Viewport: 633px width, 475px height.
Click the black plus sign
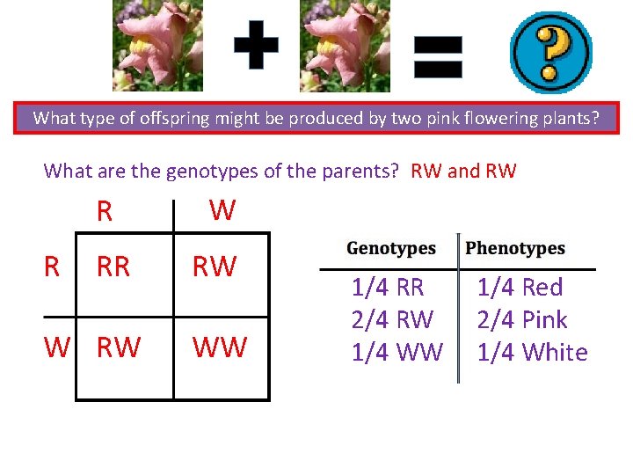point(256,45)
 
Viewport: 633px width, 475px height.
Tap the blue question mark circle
point(551,52)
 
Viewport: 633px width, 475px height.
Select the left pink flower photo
point(157,45)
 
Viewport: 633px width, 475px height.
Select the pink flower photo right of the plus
point(346,46)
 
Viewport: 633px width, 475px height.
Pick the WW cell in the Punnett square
point(219,347)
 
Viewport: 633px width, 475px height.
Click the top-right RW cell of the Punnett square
point(215,267)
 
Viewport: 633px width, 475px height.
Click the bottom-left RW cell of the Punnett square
point(118,347)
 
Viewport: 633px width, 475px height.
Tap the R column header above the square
point(105,212)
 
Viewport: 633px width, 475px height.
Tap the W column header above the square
point(222,210)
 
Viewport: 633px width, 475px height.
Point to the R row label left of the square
point(54,267)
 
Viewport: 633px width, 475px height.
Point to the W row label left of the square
point(57,347)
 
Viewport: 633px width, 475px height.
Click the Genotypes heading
point(391,248)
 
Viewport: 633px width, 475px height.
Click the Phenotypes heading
point(515,248)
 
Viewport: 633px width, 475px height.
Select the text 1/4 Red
point(520,288)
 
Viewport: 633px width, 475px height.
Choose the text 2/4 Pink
point(522,320)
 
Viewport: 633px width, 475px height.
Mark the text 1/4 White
point(532,353)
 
